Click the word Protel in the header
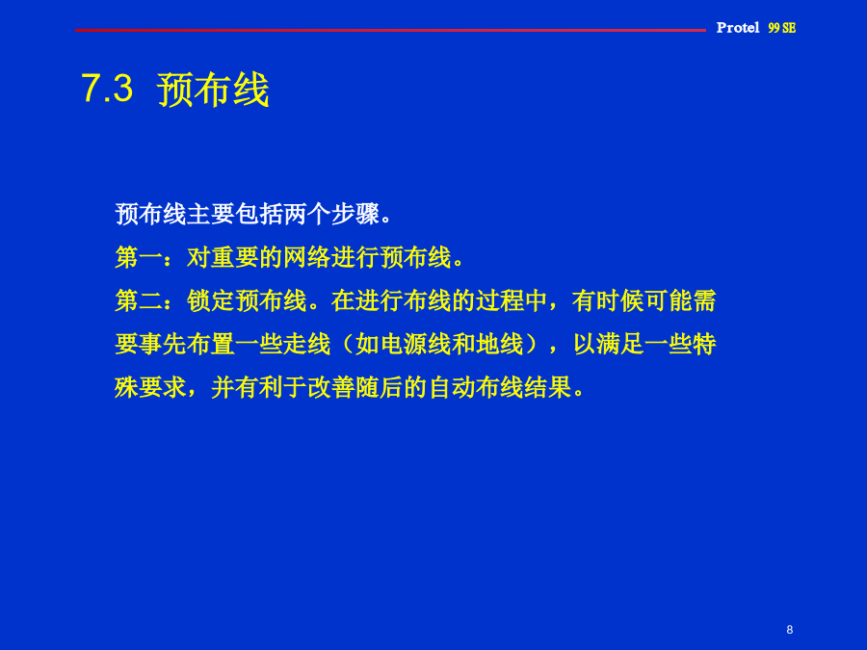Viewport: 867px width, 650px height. pyautogui.click(x=738, y=28)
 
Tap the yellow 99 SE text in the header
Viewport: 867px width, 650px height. pyautogui.click(x=782, y=28)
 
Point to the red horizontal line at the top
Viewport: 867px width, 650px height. pyautogui.click(x=390, y=30)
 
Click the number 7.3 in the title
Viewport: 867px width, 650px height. pyautogui.click(x=107, y=88)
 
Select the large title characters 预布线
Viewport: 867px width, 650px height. pyautogui.click(x=214, y=89)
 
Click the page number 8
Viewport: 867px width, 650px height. pyautogui.click(x=790, y=630)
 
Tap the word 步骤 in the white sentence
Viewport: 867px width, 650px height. pyautogui.click(x=355, y=214)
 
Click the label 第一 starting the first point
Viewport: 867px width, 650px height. pyautogui.click(x=139, y=257)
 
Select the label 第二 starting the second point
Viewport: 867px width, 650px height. pyautogui.click(x=139, y=300)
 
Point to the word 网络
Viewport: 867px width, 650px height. pyautogui.click(x=307, y=257)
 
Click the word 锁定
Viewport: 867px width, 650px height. pyautogui.click(x=211, y=300)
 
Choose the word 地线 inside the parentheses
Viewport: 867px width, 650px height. pyautogui.click(x=500, y=344)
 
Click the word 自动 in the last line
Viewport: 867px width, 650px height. pyautogui.click(x=452, y=387)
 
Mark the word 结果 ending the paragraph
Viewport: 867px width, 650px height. pyautogui.click(x=548, y=387)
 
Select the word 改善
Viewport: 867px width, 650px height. pyautogui.click(x=331, y=387)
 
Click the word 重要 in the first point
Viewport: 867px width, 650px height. pyautogui.click(x=235, y=257)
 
